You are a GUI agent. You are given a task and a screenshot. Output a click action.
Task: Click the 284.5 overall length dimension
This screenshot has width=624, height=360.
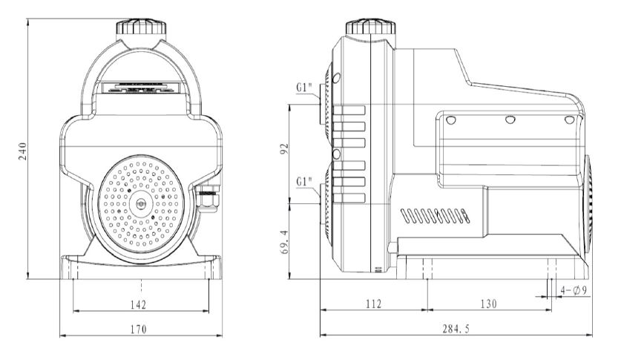pos(456,328)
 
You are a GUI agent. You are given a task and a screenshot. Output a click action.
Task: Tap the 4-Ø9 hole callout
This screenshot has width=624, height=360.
pos(574,290)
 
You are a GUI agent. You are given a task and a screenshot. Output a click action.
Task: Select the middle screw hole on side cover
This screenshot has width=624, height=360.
pos(510,120)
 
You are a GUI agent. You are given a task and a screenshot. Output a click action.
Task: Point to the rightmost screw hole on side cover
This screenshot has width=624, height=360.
pos(569,120)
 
